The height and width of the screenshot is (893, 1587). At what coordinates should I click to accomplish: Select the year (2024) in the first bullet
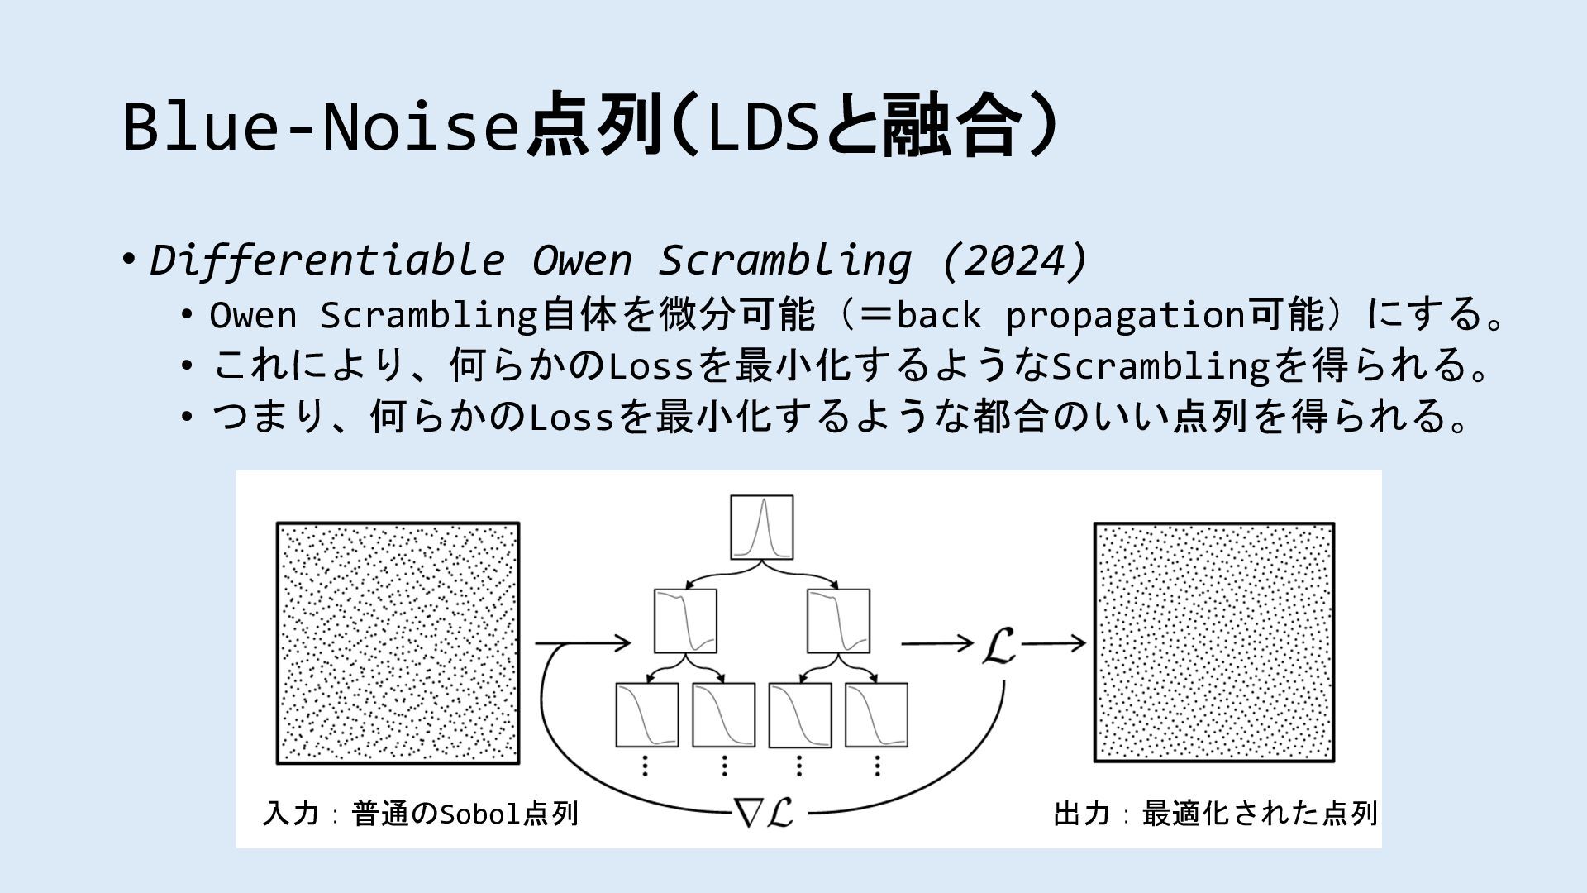pos(1014,260)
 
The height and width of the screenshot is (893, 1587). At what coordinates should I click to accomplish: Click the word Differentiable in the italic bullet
pos(326,260)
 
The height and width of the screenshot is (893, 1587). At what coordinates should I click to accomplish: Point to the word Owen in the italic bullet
pos(582,260)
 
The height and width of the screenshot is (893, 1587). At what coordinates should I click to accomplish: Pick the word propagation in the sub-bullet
pos(1125,315)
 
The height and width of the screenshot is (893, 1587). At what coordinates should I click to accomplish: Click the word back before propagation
pos(938,315)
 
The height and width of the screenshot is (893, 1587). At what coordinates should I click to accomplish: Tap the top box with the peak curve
pos(761,528)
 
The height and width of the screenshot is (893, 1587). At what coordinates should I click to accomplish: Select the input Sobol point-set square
pos(398,642)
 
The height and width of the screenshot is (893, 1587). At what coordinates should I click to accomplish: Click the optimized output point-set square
pos(1214,642)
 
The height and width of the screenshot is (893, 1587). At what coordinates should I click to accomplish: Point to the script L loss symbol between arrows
pos(998,644)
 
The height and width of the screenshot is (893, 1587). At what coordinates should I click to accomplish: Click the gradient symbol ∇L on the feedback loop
pos(765,813)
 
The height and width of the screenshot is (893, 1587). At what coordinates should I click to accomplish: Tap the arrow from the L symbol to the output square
pos(1053,643)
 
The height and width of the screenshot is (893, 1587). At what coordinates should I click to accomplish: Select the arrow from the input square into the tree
pos(583,642)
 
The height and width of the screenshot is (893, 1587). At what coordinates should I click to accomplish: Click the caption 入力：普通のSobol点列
pos(420,814)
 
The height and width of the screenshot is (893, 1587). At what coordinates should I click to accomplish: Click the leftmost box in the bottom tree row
pos(646,714)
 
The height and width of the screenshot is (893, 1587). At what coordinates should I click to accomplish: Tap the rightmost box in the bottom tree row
pos(876,714)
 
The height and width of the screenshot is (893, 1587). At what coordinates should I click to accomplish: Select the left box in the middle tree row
pos(685,621)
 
